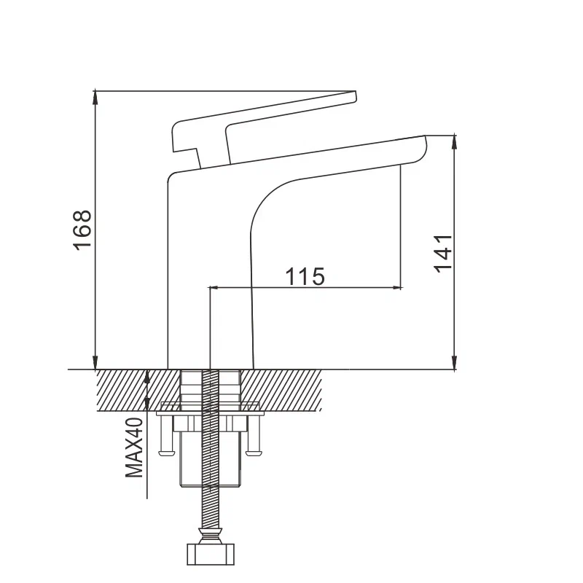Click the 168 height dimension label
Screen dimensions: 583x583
[82, 230]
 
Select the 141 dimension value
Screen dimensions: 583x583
[443, 253]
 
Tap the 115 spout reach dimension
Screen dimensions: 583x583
[304, 276]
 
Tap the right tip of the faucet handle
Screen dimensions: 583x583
[353, 95]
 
